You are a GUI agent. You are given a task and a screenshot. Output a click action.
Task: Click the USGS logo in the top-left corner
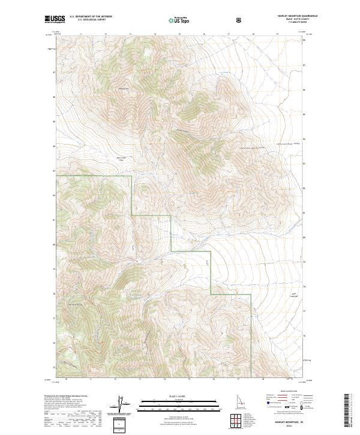55,19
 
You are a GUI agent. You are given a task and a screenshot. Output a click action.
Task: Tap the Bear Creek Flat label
121,160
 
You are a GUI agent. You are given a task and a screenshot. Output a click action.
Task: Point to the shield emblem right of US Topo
239,20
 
